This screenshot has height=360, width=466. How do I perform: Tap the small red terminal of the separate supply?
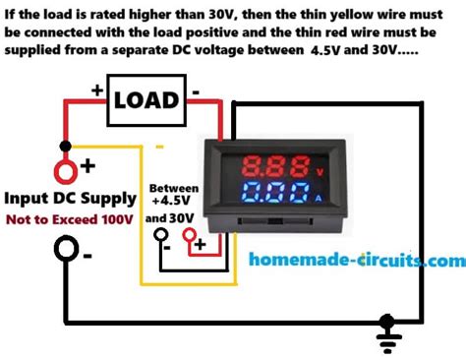click(x=202, y=242)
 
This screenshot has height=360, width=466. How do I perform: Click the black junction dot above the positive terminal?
click(x=66, y=145)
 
